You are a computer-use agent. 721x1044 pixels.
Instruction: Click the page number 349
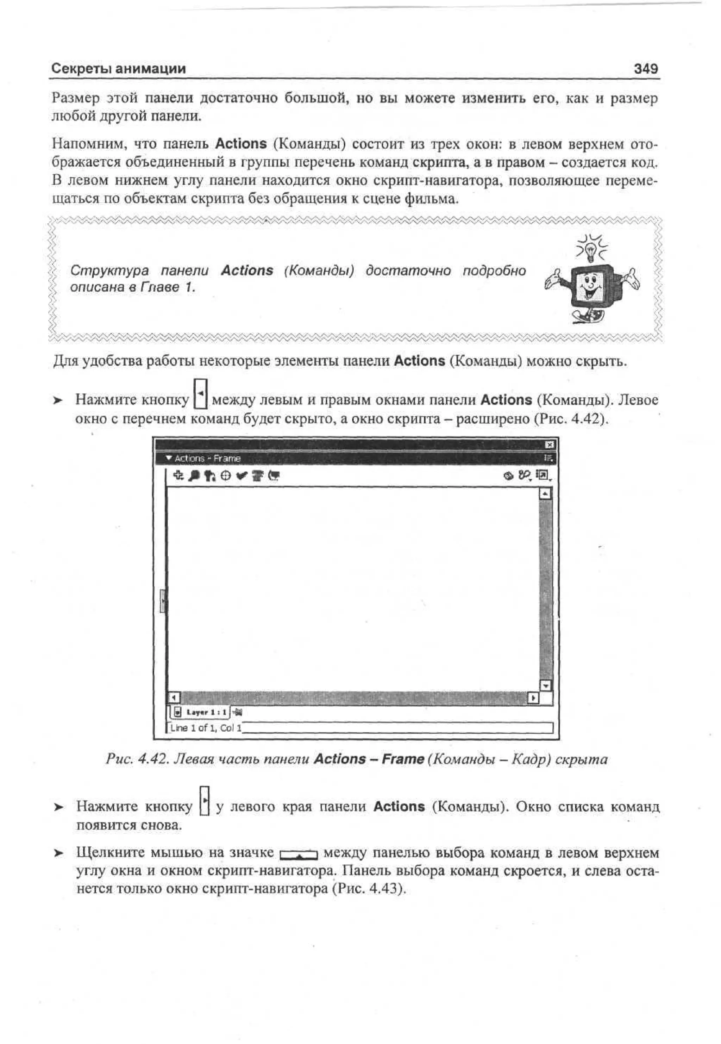click(646, 69)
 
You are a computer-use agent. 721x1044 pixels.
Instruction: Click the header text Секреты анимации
click(118, 69)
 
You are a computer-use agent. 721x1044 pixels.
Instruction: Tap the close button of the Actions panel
click(550, 445)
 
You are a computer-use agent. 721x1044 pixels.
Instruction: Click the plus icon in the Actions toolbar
click(179, 476)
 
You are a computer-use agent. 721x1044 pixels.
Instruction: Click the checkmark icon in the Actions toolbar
click(242, 476)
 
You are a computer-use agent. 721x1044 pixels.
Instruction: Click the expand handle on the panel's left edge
click(163, 602)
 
